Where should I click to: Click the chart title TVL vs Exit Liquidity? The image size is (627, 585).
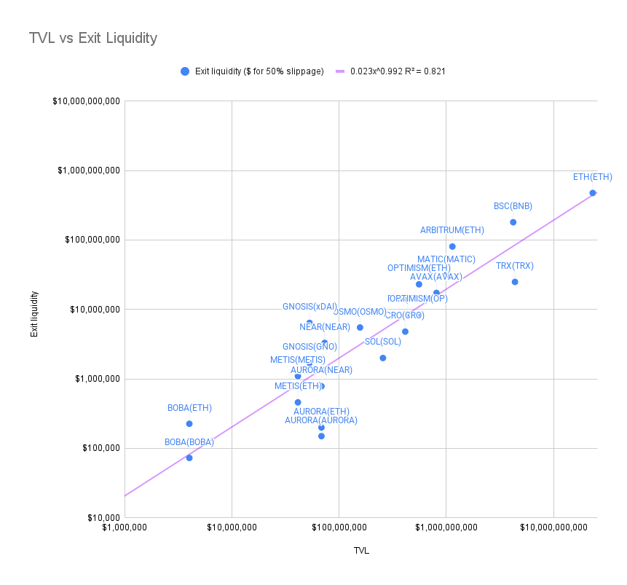(92, 38)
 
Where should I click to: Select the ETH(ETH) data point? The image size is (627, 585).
(593, 193)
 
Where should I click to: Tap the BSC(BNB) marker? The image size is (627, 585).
(513, 222)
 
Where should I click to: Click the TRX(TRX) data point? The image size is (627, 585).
(515, 282)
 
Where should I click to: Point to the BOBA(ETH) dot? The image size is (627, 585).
(189, 424)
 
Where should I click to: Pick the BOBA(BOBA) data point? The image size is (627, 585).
(189, 458)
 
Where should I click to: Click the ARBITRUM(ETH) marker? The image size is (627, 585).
(452, 246)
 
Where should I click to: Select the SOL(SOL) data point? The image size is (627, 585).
(383, 358)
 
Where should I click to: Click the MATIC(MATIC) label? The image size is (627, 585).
(446, 259)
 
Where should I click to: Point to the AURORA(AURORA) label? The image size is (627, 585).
(321, 420)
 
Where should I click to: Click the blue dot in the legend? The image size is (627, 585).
(184, 71)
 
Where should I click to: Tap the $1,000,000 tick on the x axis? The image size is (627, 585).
(125, 527)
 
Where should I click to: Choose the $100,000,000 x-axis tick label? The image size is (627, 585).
(339, 527)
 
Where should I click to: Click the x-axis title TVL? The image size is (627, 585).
(360, 551)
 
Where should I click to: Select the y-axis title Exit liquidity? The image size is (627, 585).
(33, 314)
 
